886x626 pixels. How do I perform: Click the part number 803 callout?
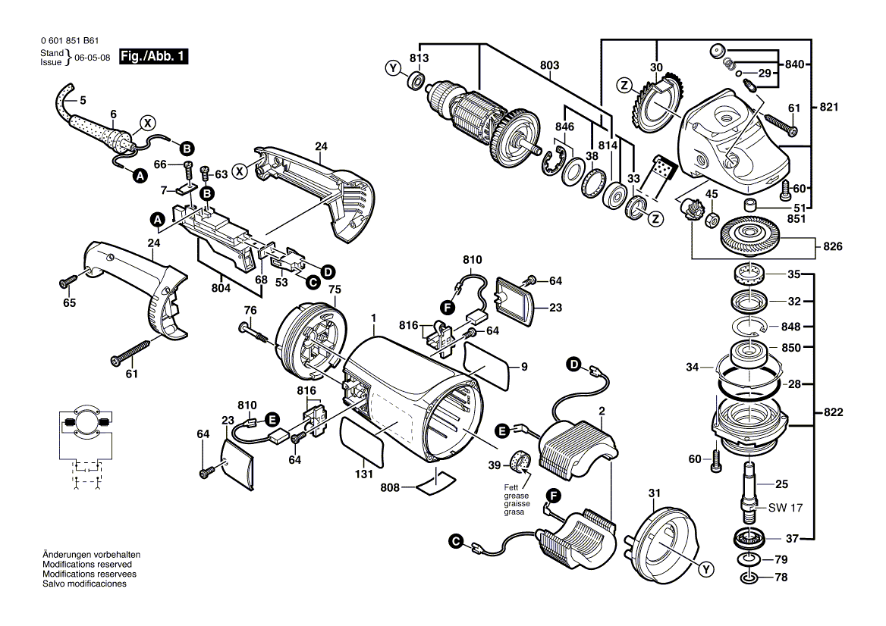pyautogui.click(x=549, y=66)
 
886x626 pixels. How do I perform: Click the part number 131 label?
pyautogui.click(x=364, y=474)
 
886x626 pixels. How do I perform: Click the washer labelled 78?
pyautogui.click(x=749, y=578)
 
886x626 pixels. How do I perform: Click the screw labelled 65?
pyautogui.click(x=66, y=283)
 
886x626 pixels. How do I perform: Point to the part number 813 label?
pyautogui.click(x=419, y=58)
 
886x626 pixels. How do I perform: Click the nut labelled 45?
pyautogui.click(x=712, y=221)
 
